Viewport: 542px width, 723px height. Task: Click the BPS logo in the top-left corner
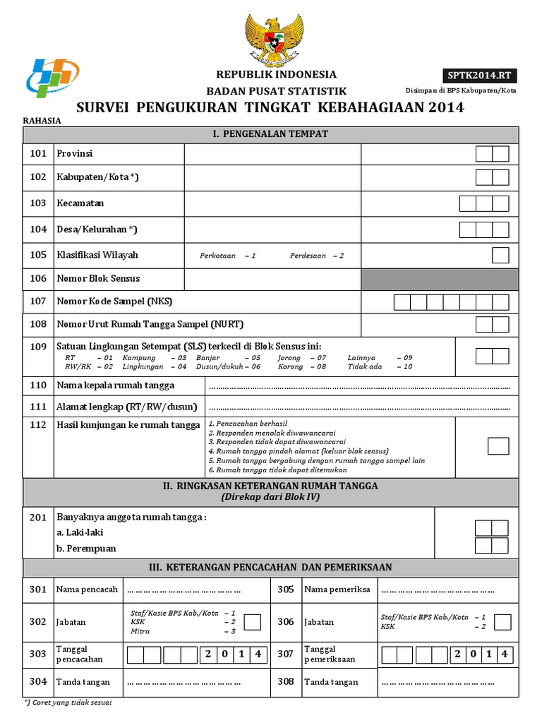point(52,76)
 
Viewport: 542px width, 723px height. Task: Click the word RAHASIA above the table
point(42,121)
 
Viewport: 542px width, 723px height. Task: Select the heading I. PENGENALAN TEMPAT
point(271,133)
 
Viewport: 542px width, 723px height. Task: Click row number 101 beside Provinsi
point(37,153)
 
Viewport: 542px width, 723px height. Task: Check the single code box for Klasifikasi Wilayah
point(500,255)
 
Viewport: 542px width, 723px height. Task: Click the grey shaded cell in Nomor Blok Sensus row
point(440,279)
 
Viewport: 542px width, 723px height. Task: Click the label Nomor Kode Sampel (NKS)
point(114,301)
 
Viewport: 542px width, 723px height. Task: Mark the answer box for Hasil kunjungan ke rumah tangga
point(498,446)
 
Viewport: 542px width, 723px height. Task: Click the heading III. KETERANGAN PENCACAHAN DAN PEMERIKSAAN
point(271,567)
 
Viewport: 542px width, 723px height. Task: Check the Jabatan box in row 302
point(252,621)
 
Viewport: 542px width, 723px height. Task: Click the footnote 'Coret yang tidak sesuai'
point(71,703)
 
